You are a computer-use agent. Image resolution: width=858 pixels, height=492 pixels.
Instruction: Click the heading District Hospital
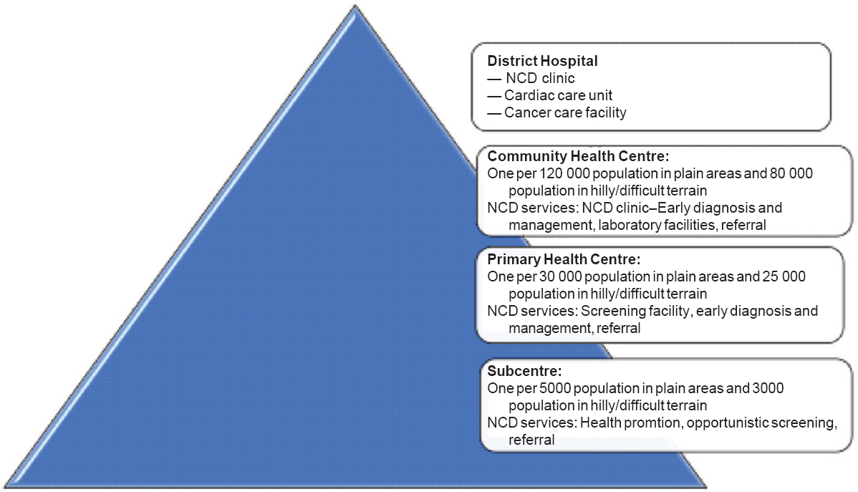542,61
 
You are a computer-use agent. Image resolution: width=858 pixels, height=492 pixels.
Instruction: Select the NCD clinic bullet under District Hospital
531,78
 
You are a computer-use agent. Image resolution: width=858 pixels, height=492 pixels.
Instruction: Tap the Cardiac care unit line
549,95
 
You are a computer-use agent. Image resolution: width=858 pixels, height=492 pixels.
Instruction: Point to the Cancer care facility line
556,112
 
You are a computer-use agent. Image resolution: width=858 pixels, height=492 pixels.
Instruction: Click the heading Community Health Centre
578,156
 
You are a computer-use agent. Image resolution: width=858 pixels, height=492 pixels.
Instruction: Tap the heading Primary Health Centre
564,259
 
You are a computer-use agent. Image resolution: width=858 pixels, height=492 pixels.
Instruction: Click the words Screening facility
635,311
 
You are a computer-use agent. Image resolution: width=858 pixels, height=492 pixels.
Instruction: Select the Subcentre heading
524,371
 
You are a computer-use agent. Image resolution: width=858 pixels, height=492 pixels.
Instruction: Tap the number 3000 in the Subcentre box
768,388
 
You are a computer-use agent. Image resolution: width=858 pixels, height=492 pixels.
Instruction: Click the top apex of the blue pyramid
355,6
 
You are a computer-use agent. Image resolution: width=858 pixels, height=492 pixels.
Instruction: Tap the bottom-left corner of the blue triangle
5,486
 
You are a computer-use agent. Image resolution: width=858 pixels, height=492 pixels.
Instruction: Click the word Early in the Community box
674,208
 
